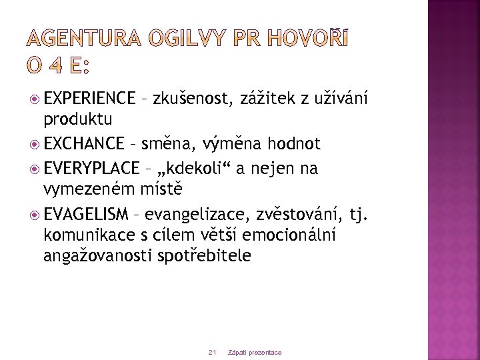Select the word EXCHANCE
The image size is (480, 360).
coord(84,144)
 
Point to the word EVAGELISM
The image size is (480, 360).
coord(86,214)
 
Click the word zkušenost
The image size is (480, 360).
coord(192,99)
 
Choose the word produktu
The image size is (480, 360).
coord(77,121)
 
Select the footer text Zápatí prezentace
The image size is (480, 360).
coord(255,352)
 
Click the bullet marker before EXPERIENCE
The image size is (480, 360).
coord(35,99)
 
